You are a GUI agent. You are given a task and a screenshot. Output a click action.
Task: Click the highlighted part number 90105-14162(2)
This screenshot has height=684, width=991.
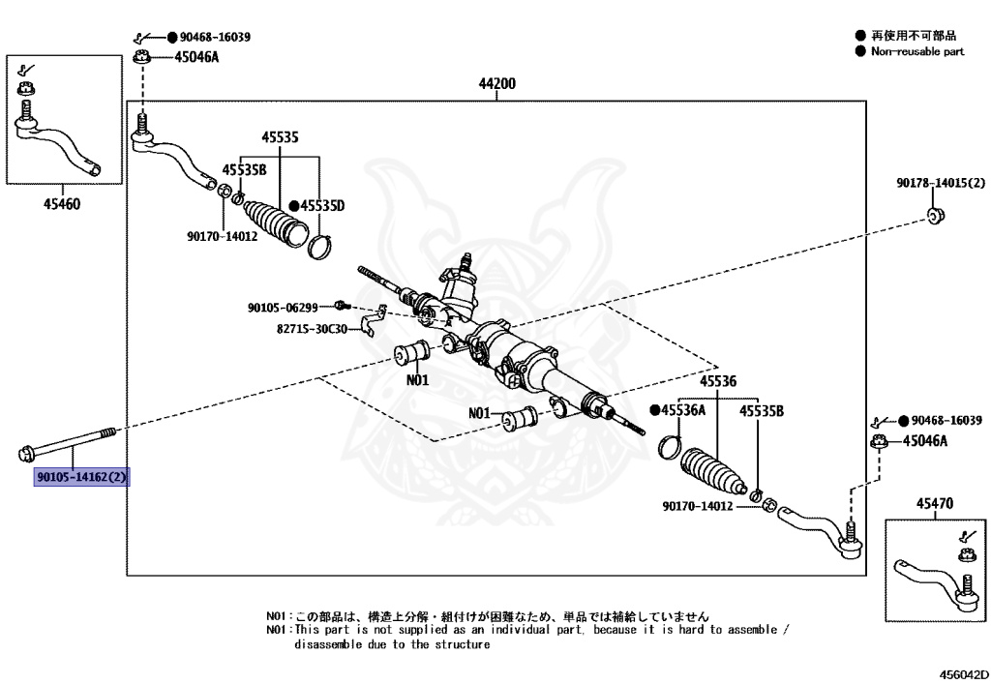tap(82, 477)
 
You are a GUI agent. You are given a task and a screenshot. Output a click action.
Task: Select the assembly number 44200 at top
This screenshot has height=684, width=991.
tap(496, 84)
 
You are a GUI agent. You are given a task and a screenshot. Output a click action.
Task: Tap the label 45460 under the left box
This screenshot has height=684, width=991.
tap(61, 204)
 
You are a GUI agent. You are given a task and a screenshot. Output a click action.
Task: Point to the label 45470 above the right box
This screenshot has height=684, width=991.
tap(934, 504)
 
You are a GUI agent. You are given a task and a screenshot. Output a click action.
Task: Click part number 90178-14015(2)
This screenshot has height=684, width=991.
tap(940, 183)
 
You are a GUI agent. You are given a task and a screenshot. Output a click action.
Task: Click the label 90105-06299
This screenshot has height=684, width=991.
tap(283, 308)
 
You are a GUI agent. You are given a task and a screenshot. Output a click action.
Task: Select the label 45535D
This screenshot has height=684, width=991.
tap(322, 205)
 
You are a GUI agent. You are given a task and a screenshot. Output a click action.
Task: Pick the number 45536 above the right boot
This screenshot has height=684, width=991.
tap(718, 382)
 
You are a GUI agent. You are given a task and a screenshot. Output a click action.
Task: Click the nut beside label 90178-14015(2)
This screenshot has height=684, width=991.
tap(935, 214)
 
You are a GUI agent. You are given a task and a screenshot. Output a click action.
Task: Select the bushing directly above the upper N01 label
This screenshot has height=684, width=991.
tap(417, 352)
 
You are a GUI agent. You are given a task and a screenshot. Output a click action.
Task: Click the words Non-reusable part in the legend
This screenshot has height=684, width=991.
tap(917, 51)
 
